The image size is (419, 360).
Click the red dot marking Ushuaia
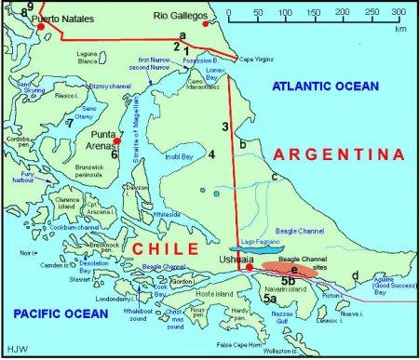[x=250, y=269]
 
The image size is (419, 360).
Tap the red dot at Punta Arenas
[x=118, y=140]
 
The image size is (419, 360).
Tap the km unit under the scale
[x=399, y=29]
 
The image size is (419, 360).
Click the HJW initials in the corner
[x=13, y=351]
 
